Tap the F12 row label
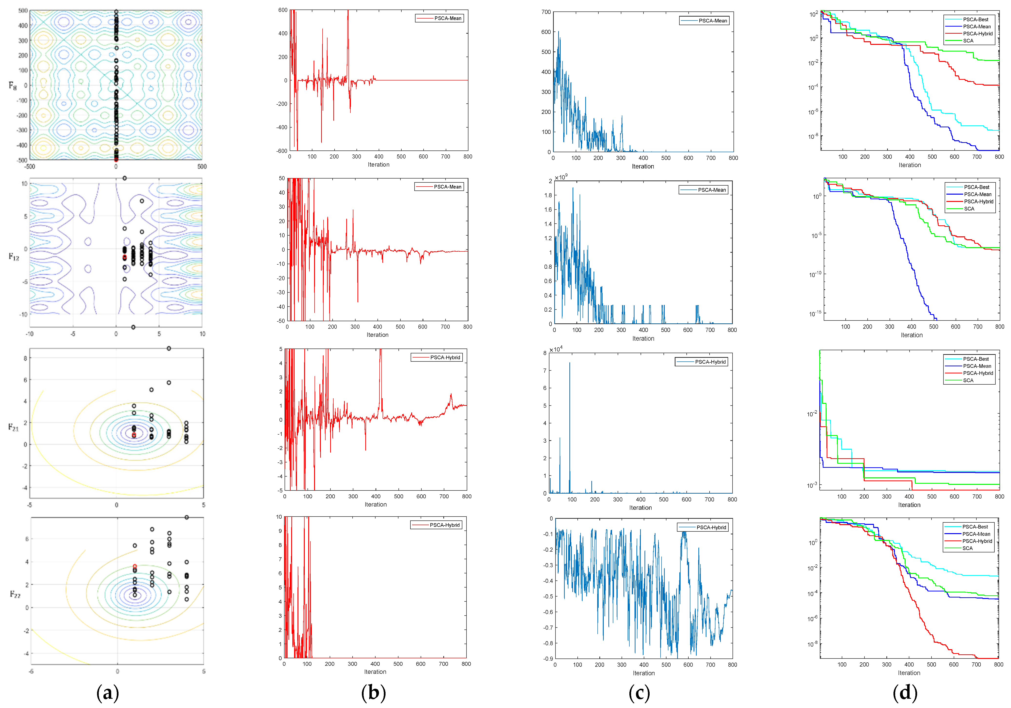coord(14,257)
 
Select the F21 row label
coord(14,427)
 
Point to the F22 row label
coord(15,594)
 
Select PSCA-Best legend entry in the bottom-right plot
coord(975,527)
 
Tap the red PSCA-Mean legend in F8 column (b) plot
coord(447,19)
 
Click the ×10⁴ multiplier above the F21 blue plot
coord(556,349)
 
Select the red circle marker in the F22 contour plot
coord(135,567)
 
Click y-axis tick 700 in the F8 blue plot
coord(546,12)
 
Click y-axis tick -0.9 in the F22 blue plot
coord(547,659)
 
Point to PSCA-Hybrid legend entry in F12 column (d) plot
coord(978,202)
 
